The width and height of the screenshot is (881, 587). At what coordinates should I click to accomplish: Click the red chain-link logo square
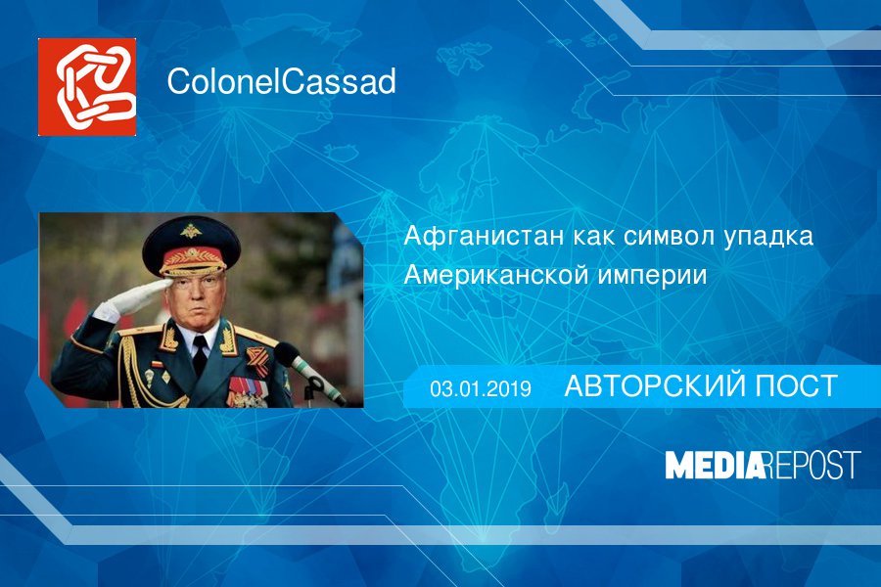tap(87, 87)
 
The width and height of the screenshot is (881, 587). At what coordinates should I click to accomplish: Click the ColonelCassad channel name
tap(281, 83)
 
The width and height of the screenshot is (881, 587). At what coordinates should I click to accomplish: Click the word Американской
tap(496, 276)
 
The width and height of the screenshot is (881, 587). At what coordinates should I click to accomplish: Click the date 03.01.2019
tap(480, 388)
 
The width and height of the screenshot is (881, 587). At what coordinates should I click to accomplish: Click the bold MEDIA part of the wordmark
tap(714, 465)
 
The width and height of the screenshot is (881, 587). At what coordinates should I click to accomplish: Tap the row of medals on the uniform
tap(246, 395)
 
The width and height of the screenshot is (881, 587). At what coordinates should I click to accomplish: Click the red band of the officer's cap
tap(191, 260)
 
